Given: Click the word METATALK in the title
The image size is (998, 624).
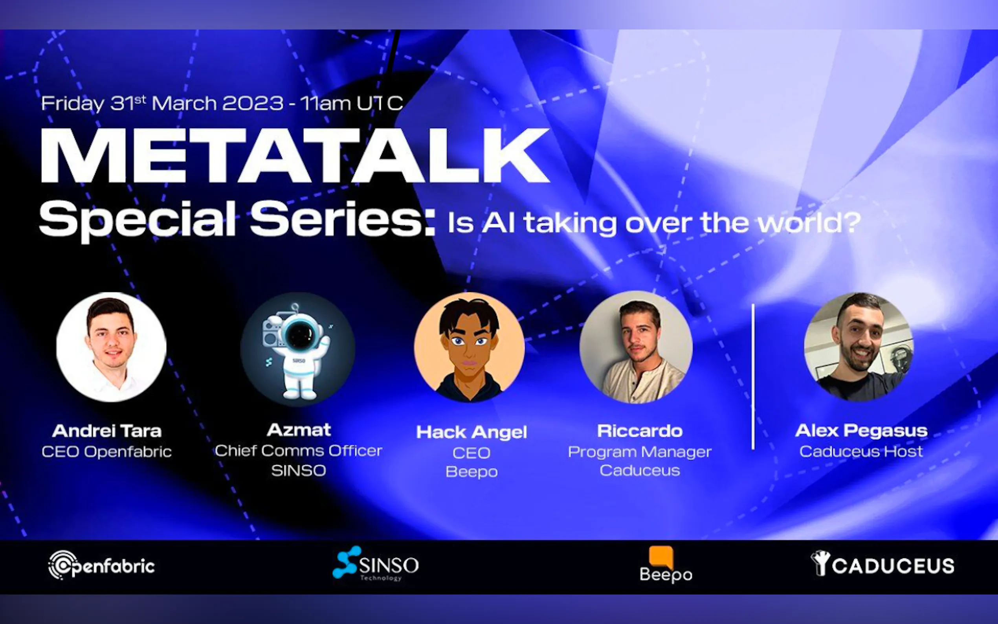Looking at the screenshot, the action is [x=294, y=156].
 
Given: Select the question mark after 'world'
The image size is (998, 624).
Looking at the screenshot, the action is [x=851, y=222].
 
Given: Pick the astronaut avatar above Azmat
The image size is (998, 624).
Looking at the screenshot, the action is [x=298, y=349].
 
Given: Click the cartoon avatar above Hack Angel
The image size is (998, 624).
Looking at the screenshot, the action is [x=470, y=347].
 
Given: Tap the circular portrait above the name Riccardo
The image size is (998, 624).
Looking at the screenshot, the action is [x=636, y=347].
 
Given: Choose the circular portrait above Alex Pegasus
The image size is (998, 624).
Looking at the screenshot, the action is [x=859, y=347].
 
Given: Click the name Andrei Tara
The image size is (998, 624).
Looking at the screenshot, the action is [x=107, y=431].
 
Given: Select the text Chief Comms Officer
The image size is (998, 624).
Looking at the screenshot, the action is [x=298, y=451].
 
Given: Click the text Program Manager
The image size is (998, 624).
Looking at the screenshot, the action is [x=640, y=452].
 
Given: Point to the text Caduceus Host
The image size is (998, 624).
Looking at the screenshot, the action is [x=861, y=451].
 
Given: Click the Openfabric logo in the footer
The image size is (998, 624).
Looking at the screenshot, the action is [x=101, y=565].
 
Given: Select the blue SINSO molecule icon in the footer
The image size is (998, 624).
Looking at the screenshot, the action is [x=347, y=562].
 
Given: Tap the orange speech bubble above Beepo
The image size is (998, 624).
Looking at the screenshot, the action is [x=661, y=557].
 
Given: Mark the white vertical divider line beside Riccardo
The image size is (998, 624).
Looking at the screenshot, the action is [x=753, y=376].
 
